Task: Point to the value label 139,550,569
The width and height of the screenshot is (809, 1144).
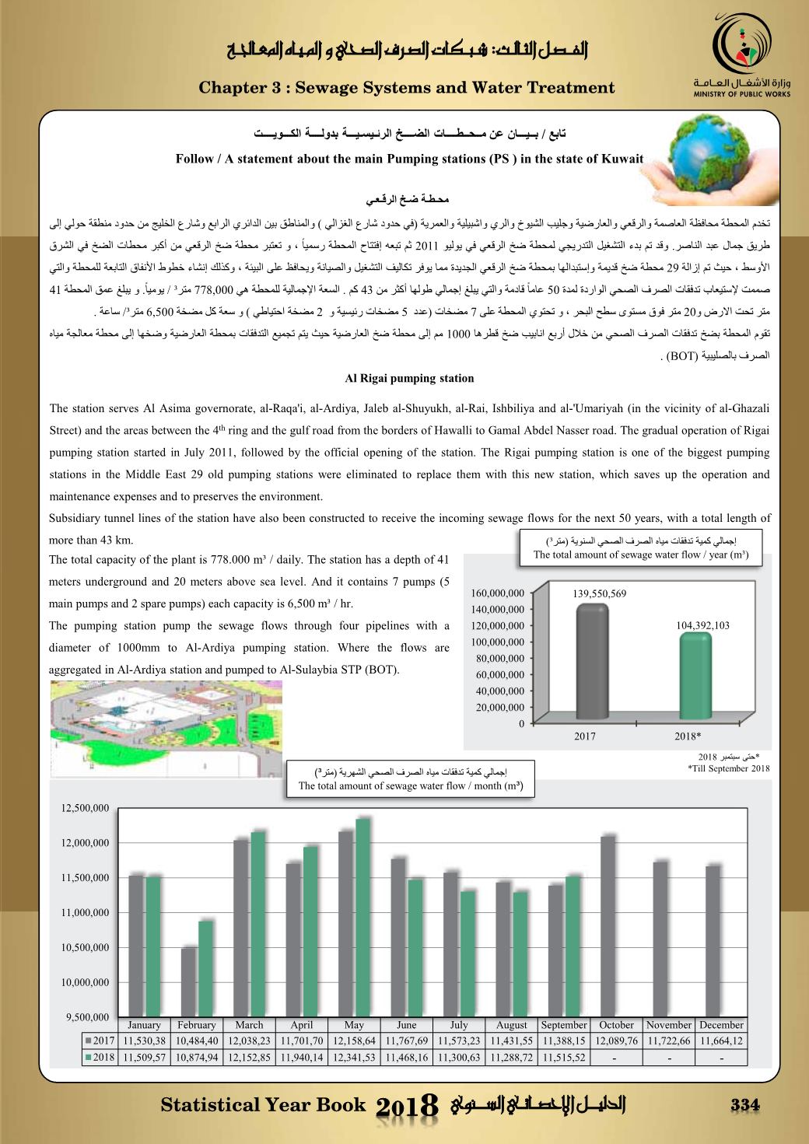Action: click(599, 593)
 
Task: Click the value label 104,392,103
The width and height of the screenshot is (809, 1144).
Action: click(702, 624)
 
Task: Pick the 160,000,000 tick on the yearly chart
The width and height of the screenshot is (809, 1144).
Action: click(497, 593)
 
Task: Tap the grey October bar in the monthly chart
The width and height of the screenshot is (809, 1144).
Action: click(608, 925)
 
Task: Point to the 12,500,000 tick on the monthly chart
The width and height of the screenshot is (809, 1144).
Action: click(85, 809)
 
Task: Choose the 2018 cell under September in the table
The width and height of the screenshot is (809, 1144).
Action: click(564, 1058)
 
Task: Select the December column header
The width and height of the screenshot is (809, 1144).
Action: click(721, 1025)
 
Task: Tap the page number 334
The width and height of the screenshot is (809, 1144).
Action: click(744, 1106)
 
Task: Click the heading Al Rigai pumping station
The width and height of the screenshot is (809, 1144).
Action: click(409, 379)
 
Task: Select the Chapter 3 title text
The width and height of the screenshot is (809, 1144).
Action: click(407, 88)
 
